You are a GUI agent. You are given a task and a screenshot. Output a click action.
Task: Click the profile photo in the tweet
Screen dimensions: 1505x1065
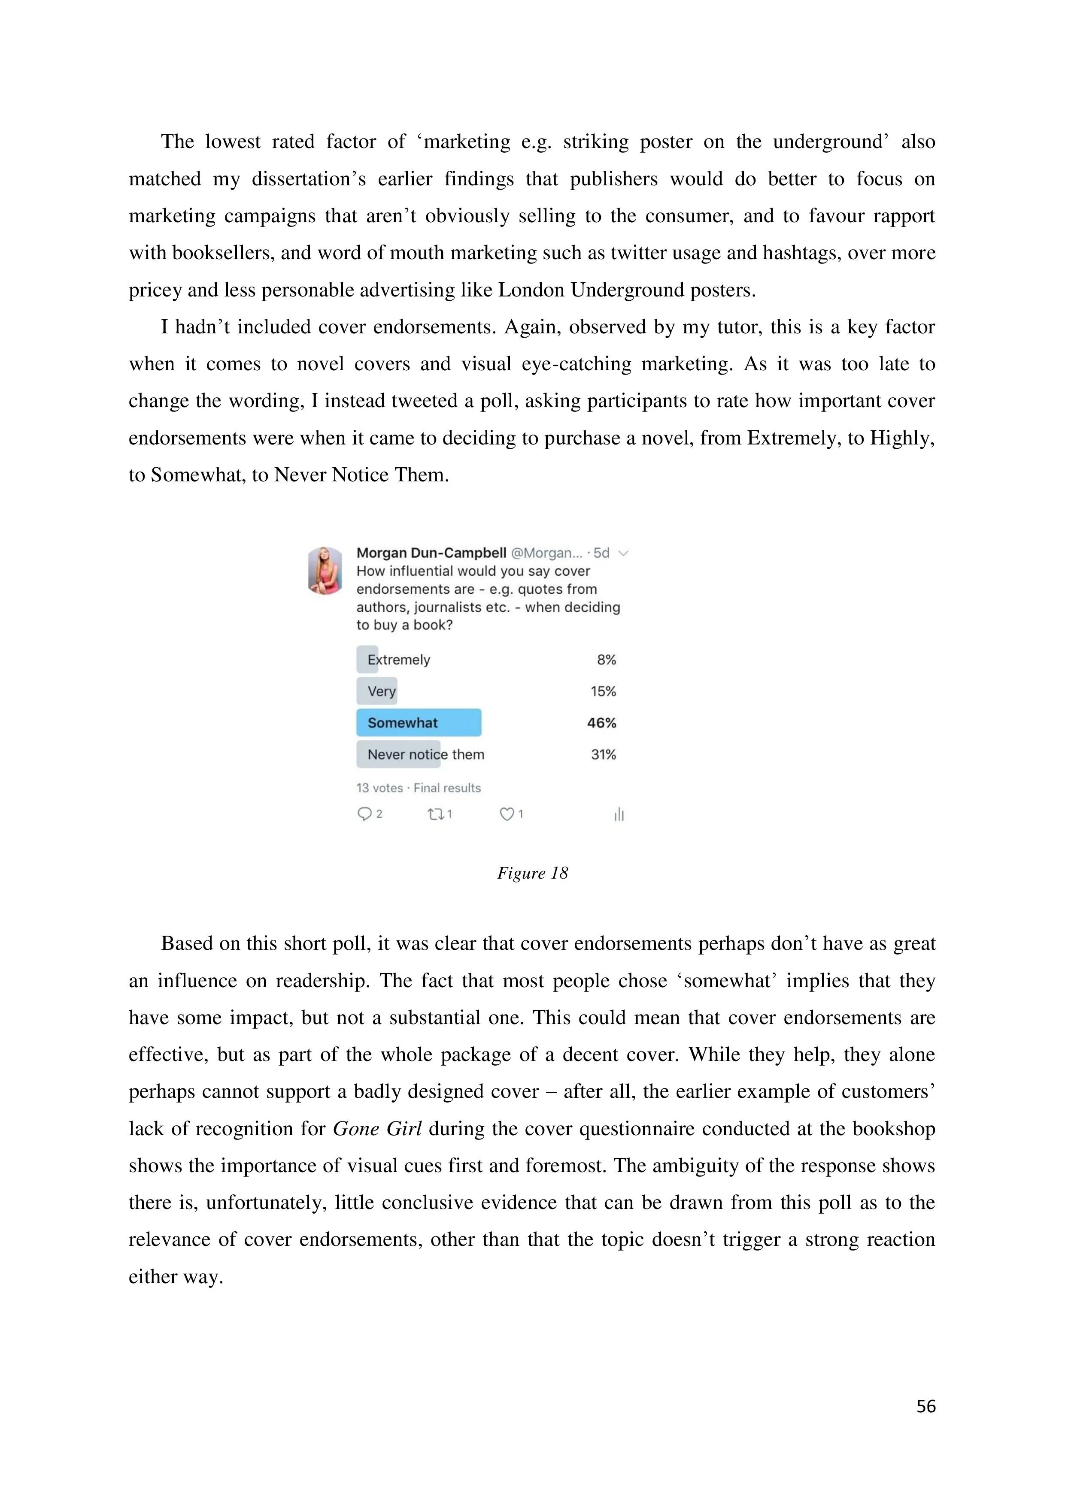click(325, 570)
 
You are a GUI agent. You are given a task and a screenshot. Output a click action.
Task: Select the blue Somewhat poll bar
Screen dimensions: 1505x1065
click(419, 722)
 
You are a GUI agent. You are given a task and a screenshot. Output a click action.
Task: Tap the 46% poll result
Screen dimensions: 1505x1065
click(601, 723)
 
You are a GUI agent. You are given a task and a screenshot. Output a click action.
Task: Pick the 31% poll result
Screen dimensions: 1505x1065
click(603, 755)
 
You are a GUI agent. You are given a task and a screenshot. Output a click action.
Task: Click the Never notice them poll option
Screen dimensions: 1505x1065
click(425, 755)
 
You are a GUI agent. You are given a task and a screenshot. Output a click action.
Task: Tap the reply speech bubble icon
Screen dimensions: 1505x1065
click(364, 814)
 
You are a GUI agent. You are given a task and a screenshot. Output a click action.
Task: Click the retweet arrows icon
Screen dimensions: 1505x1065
click(435, 814)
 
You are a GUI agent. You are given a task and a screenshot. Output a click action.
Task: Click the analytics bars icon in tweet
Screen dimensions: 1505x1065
click(619, 815)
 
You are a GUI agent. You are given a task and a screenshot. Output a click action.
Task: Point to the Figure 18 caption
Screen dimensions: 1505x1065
click(532, 873)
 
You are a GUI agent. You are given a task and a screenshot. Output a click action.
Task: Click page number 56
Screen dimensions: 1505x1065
click(926, 1406)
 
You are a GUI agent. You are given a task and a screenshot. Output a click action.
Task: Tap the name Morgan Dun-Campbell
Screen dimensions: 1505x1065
click(431, 553)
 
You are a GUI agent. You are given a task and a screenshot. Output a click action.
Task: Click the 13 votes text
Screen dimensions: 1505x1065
click(379, 788)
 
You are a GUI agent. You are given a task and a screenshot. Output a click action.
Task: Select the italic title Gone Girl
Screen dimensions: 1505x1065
click(377, 1129)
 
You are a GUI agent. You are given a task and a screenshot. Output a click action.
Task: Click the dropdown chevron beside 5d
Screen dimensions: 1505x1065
click(624, 553)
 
